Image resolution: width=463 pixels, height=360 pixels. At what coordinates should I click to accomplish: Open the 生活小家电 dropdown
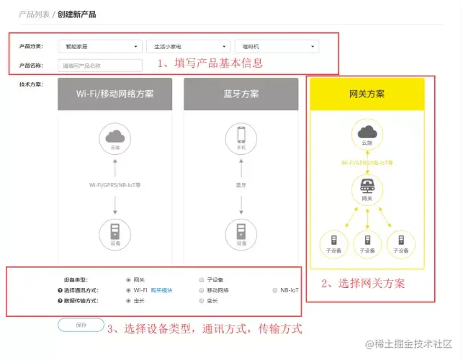click(x=189, y=47)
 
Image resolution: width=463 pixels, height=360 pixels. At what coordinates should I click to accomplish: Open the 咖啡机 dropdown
click(x=277, y=47)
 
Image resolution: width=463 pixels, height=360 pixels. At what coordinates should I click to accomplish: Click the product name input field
click(x=101, y=66)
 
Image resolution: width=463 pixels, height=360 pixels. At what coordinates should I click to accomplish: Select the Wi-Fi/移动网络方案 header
click(x=115, y=94)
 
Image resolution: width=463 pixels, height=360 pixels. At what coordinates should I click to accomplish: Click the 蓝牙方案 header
click(x=241, y=94)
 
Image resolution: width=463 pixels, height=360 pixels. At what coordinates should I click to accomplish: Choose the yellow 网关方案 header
click(x=367, y=94)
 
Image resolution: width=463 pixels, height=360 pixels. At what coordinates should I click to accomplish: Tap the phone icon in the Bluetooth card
click(x=241, y=137)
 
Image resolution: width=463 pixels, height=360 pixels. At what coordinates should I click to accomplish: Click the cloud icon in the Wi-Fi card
click(x=115, y=137)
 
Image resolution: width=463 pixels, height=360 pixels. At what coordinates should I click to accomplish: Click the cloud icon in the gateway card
click(x=367, y=132)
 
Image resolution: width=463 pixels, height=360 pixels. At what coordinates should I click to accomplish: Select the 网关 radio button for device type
click(x=128, y=279)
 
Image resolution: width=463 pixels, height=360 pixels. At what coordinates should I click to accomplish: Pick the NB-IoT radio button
click(x=274, y=290)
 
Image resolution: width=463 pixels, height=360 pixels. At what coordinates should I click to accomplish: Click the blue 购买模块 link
click(x=163, y=290)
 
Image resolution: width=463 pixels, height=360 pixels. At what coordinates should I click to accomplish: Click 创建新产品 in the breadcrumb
click(x=76, y=14)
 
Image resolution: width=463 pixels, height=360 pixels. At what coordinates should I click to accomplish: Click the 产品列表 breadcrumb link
click(x=34, y=14)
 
